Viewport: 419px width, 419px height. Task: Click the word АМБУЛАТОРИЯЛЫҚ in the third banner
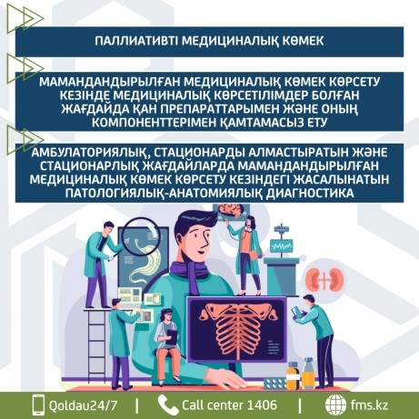coord(90,153)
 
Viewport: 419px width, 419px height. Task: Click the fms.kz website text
coord(369,405)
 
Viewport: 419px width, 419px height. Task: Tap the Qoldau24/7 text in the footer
coord(83,405)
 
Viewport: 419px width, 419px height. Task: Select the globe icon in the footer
coord(335,404)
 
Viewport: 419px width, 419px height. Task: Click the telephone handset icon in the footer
coord(168,404)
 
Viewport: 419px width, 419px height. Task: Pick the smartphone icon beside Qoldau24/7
coord(38,404)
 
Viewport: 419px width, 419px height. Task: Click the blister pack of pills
coord(274,384)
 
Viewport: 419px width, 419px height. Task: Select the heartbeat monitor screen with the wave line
coord(282,246)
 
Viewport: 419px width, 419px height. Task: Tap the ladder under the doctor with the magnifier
coord(96,348)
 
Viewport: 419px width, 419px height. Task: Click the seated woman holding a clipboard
coord(167,345)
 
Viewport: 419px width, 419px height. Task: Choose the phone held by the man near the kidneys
coord(295,312)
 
